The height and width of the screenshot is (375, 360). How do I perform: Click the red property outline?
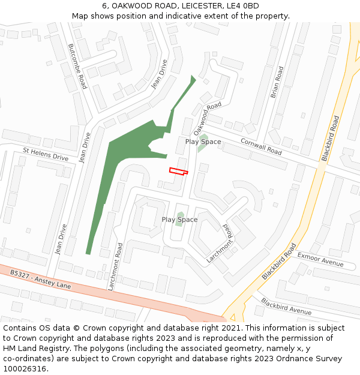178,172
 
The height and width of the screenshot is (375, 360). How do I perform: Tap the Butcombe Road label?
78,67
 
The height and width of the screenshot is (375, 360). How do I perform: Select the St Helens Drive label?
46,154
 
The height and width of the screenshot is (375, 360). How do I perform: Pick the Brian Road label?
276,83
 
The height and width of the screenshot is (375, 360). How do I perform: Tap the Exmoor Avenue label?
320,259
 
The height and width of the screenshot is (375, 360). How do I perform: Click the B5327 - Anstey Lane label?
40,279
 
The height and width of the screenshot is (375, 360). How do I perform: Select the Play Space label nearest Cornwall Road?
203,142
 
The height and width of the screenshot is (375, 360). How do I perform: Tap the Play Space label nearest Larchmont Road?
179,220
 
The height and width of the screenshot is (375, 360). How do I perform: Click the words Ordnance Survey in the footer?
313,358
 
